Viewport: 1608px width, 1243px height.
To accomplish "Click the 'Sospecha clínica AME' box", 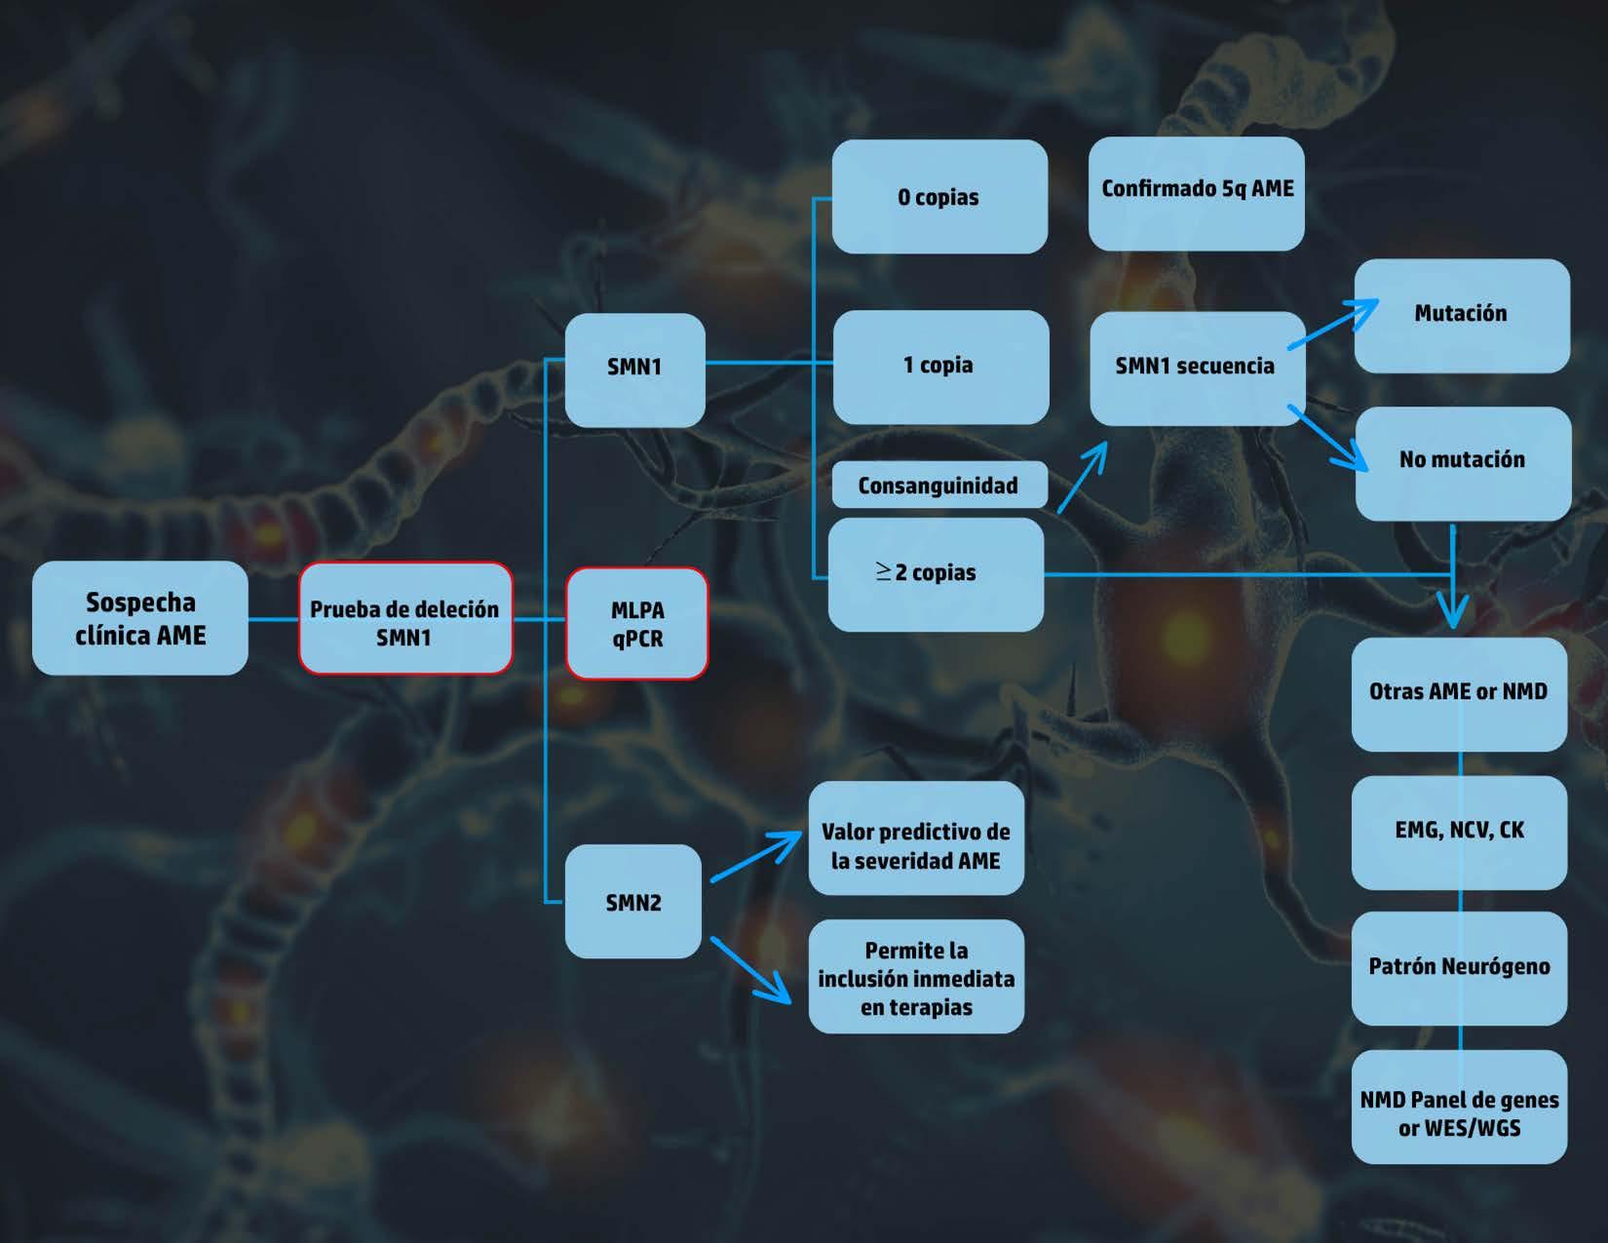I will point(140,618).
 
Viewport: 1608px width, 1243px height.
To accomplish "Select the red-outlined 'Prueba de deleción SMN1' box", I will point(404,618).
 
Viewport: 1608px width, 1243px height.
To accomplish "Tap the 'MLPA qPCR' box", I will point(636,623).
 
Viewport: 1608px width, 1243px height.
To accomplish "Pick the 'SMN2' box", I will point(633,902).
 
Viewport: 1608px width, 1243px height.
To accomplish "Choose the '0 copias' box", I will point(938,197).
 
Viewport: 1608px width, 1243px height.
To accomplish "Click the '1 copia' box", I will point(939,367).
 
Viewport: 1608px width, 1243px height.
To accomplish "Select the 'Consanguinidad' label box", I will point(938,486).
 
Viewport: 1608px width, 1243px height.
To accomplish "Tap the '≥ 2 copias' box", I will point(936,574).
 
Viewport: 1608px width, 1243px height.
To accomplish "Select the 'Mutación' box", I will point(1461,315).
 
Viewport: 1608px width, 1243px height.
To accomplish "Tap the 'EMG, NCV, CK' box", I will point(1459,832).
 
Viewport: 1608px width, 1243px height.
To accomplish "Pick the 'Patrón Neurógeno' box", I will point(1459,968).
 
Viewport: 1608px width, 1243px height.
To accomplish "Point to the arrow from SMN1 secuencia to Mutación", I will point(1332,324).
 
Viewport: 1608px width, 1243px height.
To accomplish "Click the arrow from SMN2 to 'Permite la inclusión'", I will point(750,970).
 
